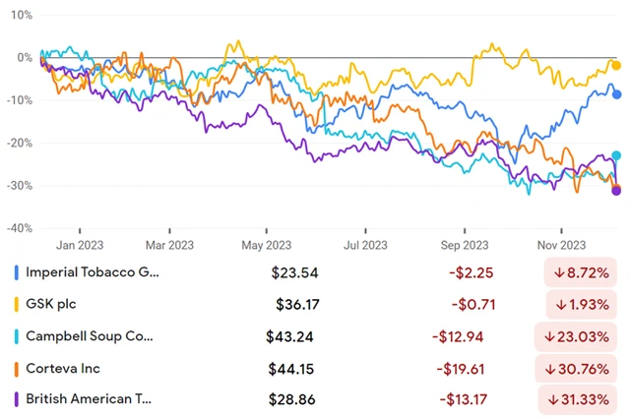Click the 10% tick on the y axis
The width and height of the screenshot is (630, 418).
coord(19,16)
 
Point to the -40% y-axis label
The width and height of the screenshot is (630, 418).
coord(17,227)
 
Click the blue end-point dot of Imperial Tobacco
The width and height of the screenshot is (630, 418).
coord(617,94)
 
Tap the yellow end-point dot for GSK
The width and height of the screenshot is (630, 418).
coord(617,66)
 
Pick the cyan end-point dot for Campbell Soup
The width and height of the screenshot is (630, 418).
coord(617,155)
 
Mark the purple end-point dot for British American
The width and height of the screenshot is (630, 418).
coord(617,191)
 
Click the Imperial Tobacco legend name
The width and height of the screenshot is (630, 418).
coord(91,271)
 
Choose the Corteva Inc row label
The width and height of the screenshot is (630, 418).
coord(64,369)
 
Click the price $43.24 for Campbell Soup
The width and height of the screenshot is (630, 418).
coord(289,336)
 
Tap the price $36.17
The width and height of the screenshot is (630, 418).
coord(294,304)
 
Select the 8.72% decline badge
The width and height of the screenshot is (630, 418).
coord(583,272)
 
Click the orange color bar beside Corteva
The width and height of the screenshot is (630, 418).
coord(15,369)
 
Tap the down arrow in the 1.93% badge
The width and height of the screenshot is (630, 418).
coord(558,305)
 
